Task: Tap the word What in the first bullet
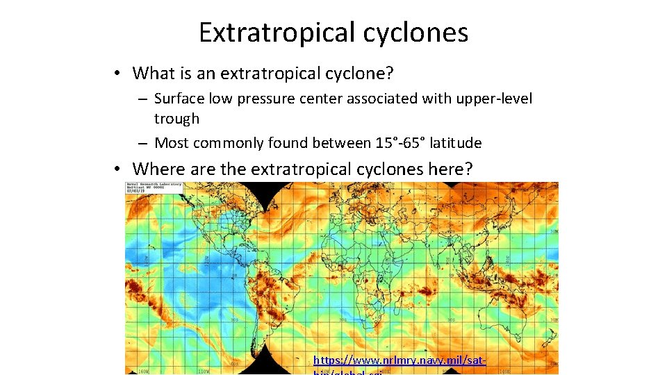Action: (x=151, y=73)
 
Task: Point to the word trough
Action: (x=176, y=119)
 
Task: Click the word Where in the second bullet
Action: (x=154, y=169)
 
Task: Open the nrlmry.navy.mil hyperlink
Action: (x=399, y=360)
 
